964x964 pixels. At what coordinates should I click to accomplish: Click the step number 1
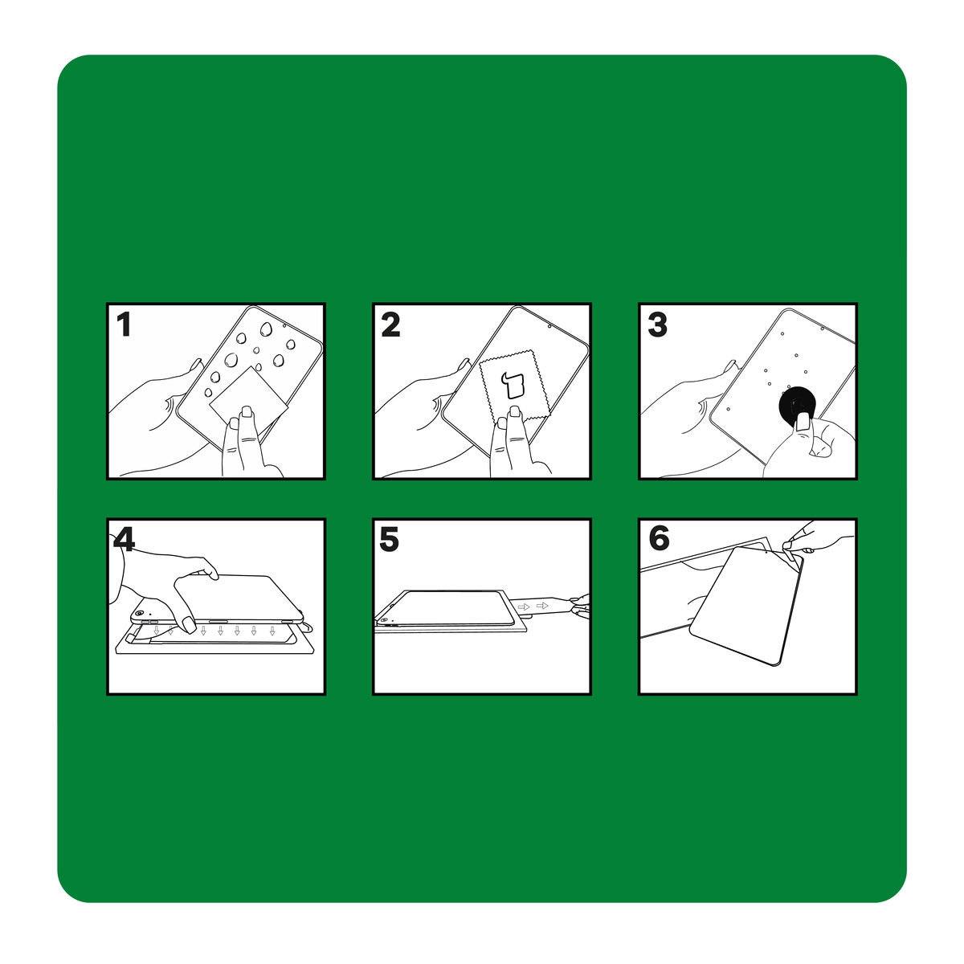click(124, 325)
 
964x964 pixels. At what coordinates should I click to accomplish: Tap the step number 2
click(390, 325)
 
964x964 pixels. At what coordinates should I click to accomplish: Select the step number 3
click(657, 325)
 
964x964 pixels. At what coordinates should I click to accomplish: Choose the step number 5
click(389, 539)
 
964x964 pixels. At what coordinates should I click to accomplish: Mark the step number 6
click(659, 538)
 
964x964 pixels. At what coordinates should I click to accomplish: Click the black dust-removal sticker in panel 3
click(798, 405)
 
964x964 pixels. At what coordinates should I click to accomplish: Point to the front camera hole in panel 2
click(549, 326)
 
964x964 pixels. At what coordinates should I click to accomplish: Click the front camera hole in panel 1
click(284, 325)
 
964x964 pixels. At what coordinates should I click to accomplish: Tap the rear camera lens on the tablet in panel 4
click(139, 613)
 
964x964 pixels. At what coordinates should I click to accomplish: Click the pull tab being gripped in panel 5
click(545, 605)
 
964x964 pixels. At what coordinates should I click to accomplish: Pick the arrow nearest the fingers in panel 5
click(541, 606)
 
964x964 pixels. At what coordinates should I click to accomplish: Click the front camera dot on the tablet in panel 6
click(767, 553)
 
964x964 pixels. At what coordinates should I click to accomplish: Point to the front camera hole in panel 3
click(823, 329)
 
